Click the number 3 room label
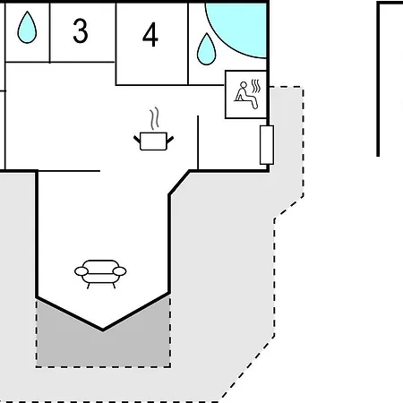81,30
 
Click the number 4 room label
150,35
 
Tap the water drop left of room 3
27,28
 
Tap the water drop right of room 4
207,49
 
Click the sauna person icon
246,96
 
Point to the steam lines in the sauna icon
256,86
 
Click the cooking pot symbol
153,141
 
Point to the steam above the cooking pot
154,118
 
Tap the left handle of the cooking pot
137,140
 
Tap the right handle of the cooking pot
170,140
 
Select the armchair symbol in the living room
100,274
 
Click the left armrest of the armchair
81,271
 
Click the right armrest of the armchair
119,271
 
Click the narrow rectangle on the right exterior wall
267,145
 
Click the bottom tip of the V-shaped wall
103,330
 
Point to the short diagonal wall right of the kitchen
179,183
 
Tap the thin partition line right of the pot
198,142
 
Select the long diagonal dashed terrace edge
248,370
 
